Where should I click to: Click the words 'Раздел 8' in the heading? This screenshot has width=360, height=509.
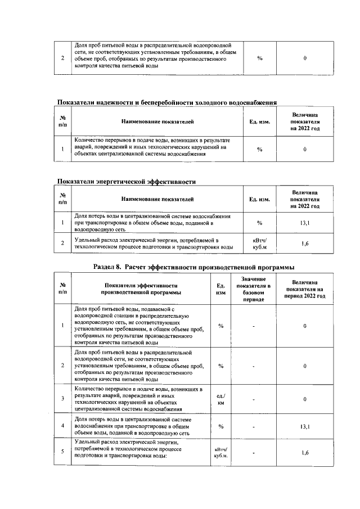click(x=107, y=267)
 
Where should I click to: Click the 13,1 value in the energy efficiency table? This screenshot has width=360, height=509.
click(x=305, y=223)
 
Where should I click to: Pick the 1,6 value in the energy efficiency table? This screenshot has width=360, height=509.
click(x=305, y=243)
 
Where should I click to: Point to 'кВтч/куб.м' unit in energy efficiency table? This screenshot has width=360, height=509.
click(x=259, y=243)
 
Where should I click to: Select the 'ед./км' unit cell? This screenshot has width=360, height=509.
click(x=221, y=399)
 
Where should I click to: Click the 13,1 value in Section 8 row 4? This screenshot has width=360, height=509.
click(x=304, y=426)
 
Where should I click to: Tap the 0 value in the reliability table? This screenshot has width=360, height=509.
click(x=305, y=149)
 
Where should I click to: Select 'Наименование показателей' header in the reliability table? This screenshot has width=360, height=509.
click(x=157, y=121)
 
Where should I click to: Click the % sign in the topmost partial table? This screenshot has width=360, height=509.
click(x=259, y=58)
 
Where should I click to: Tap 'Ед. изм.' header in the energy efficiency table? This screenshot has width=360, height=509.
click(x=259, y=199)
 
